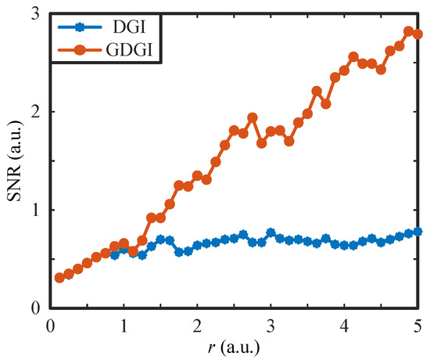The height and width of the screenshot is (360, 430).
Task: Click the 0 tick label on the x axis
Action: pos(50,324)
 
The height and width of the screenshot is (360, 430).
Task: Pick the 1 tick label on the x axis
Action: pos(124,324)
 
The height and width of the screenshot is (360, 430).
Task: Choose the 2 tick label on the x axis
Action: pos(197,324)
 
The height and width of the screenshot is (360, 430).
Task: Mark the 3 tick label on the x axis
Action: pos(271,324)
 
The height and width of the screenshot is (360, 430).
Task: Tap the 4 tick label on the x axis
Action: pos(344,324)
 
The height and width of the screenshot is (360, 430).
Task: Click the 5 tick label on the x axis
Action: pos(417,324)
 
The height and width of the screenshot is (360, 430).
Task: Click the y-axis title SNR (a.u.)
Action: pos(16,160)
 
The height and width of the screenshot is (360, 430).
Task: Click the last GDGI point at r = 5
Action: pos(417,34)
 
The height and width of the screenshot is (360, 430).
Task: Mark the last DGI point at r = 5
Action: pos(417,232)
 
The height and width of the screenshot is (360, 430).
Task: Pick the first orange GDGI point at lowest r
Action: pos(59,278)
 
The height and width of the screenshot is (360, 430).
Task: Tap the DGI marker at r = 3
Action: pos(271,232)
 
